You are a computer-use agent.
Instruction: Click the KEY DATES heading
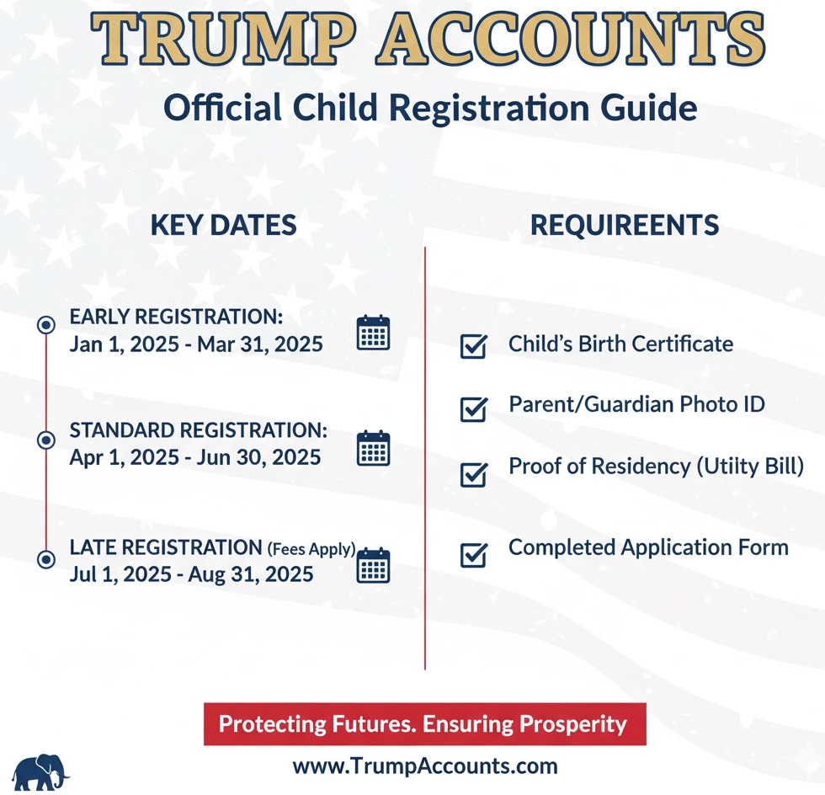click(223, 225)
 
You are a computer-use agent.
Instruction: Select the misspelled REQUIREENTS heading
click(625, 225)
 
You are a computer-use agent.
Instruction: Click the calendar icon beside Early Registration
click(374, 333)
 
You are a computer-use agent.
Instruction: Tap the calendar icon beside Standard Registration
click(374, 448)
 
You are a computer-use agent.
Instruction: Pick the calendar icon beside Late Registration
click(374, 565)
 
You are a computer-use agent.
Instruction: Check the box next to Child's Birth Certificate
click(474, 346)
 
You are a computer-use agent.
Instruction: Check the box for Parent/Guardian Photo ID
click(474, 409)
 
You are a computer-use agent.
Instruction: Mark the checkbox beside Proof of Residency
click(474, 474)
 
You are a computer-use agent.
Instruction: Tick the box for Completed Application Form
click(474, 555)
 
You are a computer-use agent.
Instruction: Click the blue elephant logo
click(39, 771)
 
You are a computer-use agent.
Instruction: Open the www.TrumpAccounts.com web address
click(425, 766)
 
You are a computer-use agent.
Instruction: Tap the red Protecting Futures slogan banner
click(423, 724)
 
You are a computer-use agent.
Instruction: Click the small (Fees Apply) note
click(311, 549)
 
